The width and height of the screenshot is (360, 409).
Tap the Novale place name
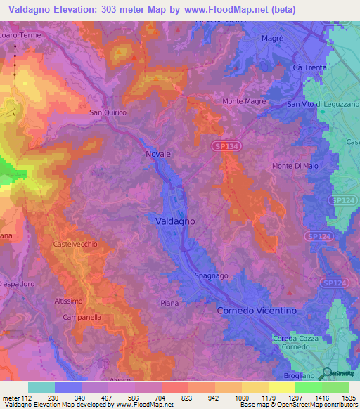click(x=158, y=153)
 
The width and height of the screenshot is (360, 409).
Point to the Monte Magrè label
click(x=244, y=101)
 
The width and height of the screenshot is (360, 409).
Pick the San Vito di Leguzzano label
click(x=323, y=104)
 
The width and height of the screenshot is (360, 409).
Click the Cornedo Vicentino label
click(x=257, y=310)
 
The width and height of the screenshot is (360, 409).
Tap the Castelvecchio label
click(x=75, y=244)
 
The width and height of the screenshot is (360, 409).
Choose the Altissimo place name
click(x=68, y=301)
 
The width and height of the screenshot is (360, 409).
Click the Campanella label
click(x=79, y=317)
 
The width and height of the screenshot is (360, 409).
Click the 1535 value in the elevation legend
click(x=340, y=398)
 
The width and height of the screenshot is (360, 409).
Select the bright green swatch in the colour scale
click(x=309, y=387)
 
